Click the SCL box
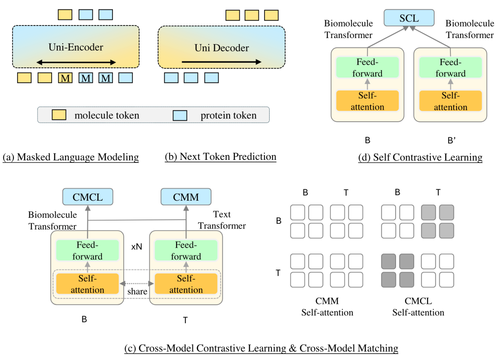coord(409,18)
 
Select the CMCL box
coord(88,196)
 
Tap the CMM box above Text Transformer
coord(185,196)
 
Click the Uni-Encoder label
coord(76,47)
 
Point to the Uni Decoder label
coord(222,48)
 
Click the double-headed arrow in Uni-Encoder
coord(76,62)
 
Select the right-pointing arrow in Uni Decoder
coord(222,62)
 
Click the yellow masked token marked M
coord(66,78)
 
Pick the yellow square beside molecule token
coord(59,115)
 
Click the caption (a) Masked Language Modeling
coord(71,157)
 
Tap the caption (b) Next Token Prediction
coord(221,157)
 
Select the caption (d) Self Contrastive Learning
coord(420,157)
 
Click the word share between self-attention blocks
coord(137,291)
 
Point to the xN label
coord(137,247)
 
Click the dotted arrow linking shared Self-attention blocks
coord(137,283)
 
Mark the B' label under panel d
coord(451,140)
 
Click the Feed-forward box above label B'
coord(450,67)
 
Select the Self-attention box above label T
coord(186,284)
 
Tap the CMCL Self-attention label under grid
coord(418,307)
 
